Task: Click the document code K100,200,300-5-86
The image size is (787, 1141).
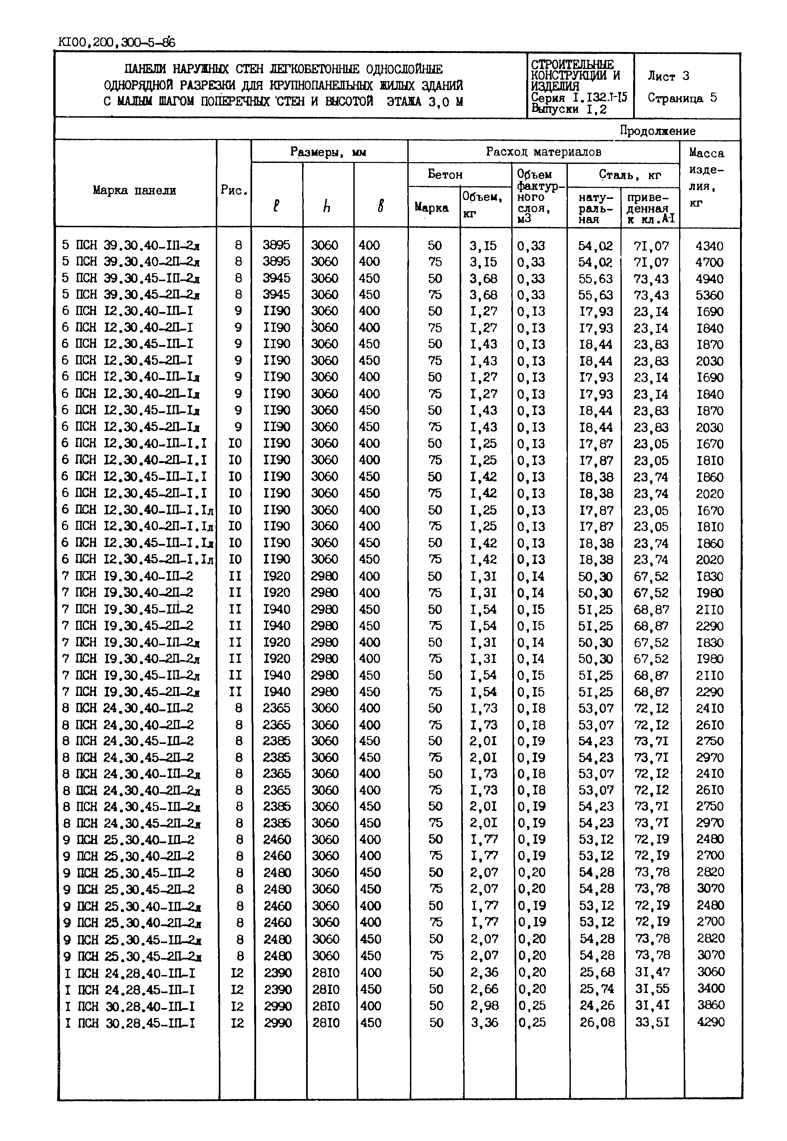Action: click(116, 43)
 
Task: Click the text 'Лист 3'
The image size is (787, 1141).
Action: click(668, 76)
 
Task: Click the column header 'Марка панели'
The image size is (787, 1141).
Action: click(134, 190)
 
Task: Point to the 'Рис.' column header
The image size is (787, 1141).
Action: click(234, 190)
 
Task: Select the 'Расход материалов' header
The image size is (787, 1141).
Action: click(544, 152)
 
